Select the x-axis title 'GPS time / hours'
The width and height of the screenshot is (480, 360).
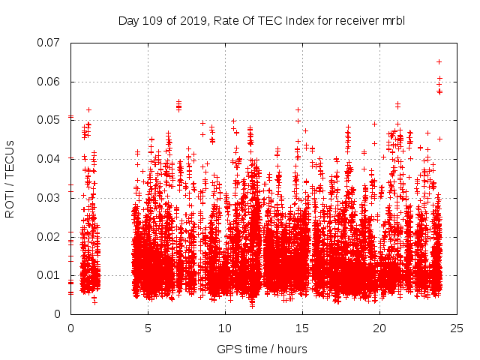click(x=262, y=349)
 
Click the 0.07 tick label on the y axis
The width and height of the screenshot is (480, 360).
click(x=50, y=43)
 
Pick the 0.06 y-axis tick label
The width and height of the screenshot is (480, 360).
click(x=50, y=82)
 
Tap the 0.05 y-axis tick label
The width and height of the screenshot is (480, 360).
click(x=50, y=120)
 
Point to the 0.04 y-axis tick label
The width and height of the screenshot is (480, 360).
click(x=50, y=159)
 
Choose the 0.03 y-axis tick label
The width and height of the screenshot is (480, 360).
click(x=50, y=198)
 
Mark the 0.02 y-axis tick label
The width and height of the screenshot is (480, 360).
click(x=50, y=236)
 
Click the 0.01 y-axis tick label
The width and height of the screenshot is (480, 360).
click(x=50, y=275)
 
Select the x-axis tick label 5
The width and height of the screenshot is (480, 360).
click(x=148, y=328)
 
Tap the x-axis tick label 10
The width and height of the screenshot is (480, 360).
click(x=226, y=328)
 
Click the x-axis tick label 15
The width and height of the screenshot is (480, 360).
click(x=303, y=328)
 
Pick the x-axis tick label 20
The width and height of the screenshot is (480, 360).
click(x=380, y=328)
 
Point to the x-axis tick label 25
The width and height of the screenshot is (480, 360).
click(x=457, y=328)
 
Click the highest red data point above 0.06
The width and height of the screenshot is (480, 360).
click(x=439, y=61)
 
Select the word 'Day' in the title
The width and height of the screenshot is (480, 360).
click(x=129, y=20)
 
